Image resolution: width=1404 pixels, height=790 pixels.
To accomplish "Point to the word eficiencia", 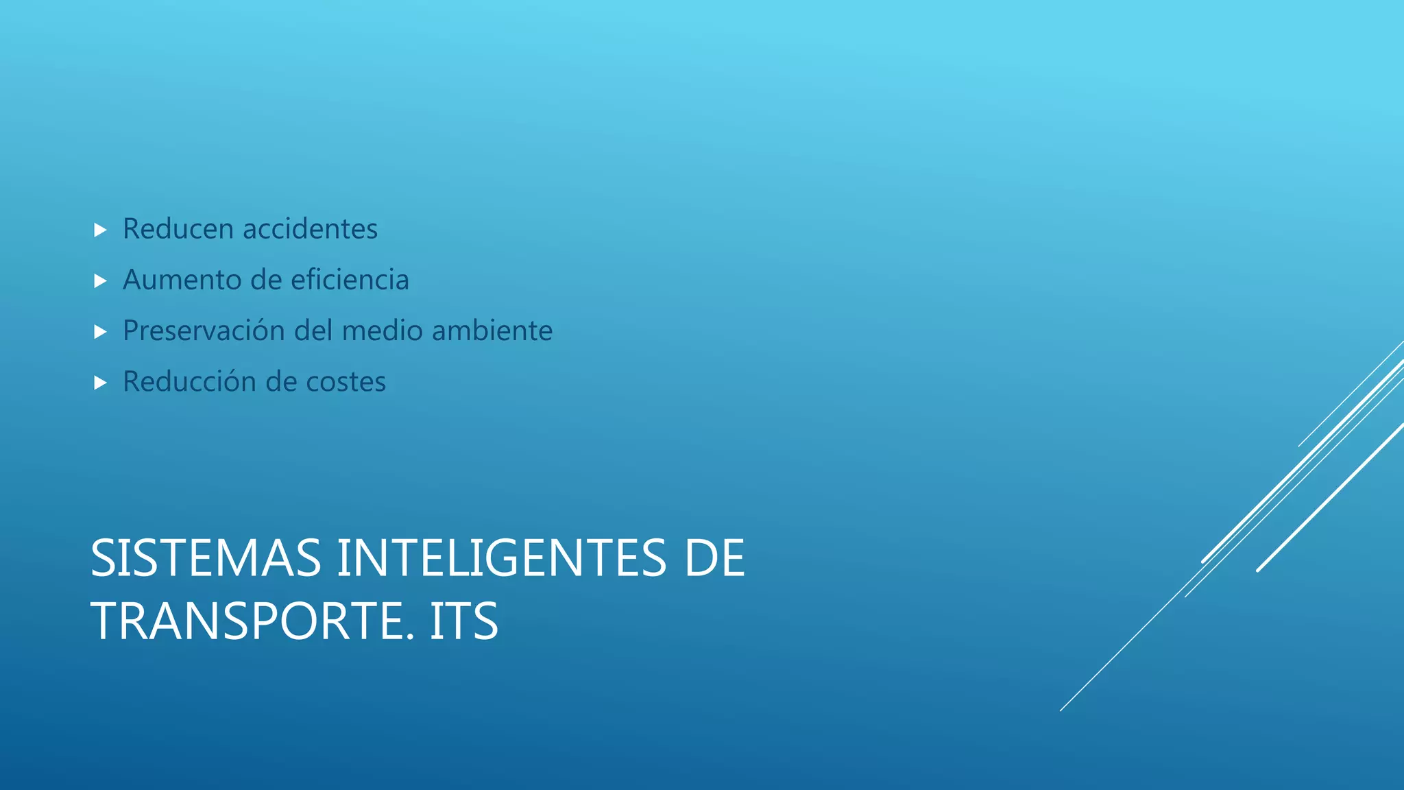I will coord(350,280).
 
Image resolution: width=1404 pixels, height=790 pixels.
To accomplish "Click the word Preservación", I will coord(204,331).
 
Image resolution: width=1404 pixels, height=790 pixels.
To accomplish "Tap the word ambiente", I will coord(492,331).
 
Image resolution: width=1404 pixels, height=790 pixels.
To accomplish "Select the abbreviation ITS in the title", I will coord(463,621).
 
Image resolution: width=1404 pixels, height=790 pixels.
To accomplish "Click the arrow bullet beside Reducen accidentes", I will coord(100,230).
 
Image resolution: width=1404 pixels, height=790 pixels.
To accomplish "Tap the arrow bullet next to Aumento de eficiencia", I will coord(100,280).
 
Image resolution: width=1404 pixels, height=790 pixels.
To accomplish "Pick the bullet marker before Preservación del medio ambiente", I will coord(100,332).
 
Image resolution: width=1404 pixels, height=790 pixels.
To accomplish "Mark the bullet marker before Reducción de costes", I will coord(100,383).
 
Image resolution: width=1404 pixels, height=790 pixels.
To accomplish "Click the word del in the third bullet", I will coord(313,331).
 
